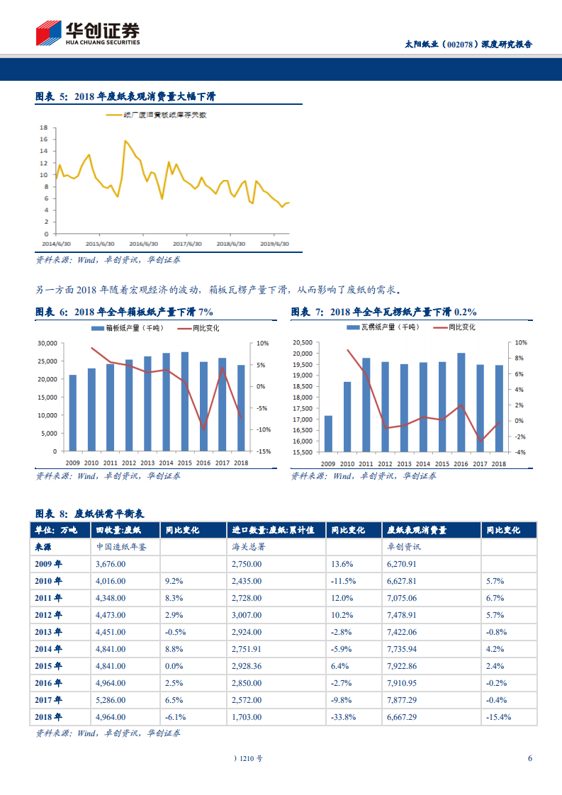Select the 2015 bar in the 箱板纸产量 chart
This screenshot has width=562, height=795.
185,401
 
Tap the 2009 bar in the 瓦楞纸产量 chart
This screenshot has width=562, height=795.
328,433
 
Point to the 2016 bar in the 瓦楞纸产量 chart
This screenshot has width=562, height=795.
461,402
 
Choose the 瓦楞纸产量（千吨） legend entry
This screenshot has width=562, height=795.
383,327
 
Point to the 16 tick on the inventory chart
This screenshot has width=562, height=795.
44,140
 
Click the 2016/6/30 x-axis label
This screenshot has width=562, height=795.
143,243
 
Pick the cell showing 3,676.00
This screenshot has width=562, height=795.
111,564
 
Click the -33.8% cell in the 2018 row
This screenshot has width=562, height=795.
343,716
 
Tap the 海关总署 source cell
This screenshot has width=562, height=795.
247,547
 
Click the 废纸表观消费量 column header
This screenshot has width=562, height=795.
417,530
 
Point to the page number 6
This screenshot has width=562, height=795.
530,758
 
